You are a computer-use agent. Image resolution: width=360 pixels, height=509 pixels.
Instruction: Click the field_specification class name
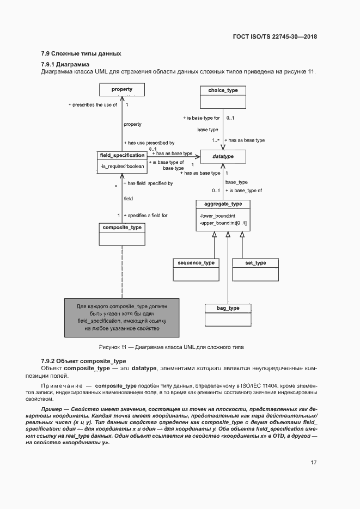click(x=122, y=155)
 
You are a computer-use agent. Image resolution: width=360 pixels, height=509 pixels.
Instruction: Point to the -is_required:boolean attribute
click(x=122, y=165)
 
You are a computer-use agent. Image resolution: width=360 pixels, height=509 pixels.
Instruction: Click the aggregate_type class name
click(x=223, y=204)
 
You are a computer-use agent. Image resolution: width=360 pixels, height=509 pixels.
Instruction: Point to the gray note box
click(x=122, y=317)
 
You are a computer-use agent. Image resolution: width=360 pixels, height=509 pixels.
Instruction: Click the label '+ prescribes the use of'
click(x=93, y=105)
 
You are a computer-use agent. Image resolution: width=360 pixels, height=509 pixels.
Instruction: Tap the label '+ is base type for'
click(x=200, y=118)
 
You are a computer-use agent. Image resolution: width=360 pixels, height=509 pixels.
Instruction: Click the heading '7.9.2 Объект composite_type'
click(x=83, y=361)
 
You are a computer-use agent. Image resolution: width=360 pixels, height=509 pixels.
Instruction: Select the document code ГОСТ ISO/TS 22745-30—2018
click(x=274, y=37)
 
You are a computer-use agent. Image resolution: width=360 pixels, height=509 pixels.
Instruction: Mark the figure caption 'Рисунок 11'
click(x=171, y=347)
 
